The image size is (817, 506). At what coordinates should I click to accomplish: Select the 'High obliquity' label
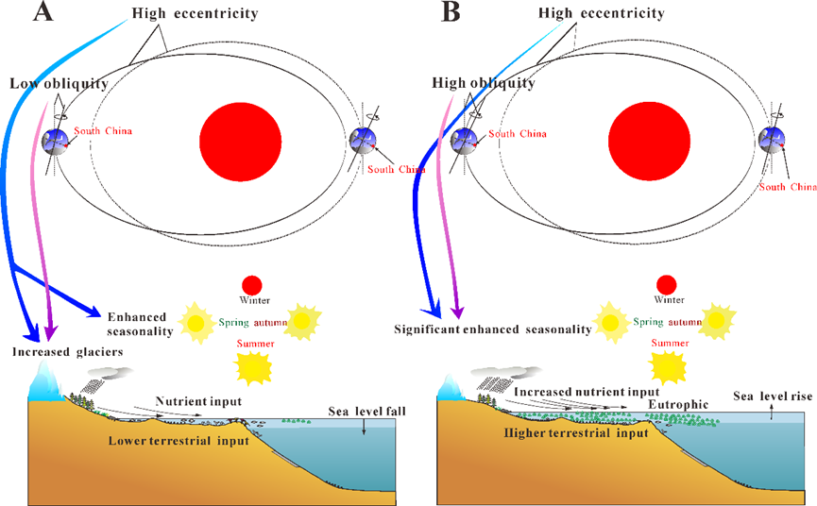(x=483, y=84)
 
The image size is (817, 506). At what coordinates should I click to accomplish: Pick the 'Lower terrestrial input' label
(x=192, y=440)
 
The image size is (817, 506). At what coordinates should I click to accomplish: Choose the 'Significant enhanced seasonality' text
(x=493, y=329)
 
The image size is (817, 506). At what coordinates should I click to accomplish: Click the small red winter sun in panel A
(x=252, y=285)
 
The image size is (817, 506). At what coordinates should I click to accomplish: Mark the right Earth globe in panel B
(x=776, y=142)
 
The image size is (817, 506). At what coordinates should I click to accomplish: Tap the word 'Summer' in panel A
(x=256, y=343)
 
